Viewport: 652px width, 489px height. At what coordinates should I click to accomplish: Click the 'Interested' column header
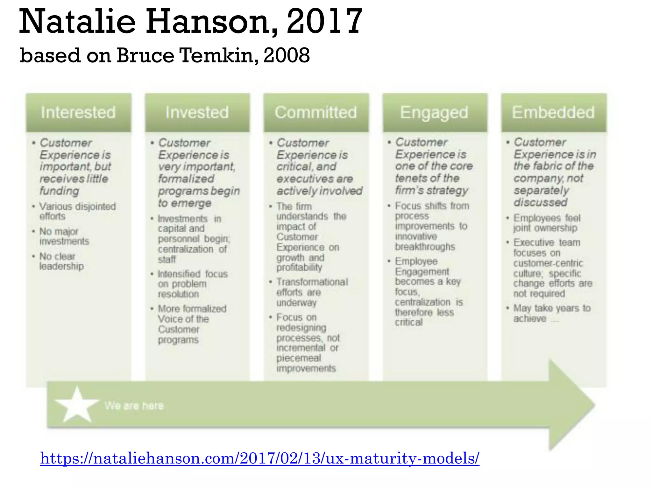[78, 112]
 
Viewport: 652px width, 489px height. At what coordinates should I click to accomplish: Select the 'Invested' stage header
[197, 112]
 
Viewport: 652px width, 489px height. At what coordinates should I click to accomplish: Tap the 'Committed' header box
[316, 112]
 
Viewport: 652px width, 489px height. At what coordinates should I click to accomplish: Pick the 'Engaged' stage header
[434, 112]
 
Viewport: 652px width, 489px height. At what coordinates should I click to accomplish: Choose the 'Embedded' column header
[553, 112]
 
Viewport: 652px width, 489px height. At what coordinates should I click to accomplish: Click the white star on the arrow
[77, 405]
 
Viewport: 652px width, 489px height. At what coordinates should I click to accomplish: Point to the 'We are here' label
[134, 406]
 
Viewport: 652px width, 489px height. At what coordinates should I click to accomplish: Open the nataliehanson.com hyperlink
[259, 458]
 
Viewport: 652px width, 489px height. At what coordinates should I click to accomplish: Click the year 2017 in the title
[325, 22]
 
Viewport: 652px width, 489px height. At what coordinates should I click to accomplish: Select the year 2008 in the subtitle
[287, 55]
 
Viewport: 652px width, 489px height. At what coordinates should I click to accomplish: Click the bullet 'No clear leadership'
[61, 261]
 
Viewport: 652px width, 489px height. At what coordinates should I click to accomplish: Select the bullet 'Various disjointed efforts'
[77, 211]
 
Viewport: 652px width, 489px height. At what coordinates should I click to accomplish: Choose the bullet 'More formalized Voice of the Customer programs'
[192, 324]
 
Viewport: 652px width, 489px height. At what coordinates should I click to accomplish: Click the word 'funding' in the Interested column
[59, 191]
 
